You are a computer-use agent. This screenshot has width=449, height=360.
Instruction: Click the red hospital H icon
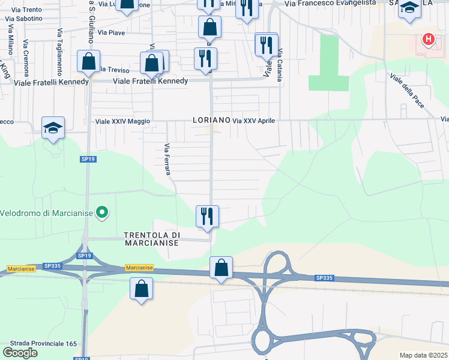click(x=428, y=40)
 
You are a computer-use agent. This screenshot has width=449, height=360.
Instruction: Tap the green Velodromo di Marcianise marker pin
click(x=102, y=211)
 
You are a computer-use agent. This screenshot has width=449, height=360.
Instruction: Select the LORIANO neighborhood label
click(x=212, y=120)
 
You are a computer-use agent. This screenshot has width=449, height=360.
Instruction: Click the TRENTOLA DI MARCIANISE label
click(x=151, y=239)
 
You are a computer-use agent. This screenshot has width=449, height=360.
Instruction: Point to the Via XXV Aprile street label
click(x=253, y=121)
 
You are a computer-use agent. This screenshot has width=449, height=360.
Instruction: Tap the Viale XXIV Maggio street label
click(x=122, y=121)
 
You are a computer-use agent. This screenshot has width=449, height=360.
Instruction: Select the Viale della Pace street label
click(x=408, y=91)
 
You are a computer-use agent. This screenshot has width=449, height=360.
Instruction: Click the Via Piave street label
click(x=112, y=32)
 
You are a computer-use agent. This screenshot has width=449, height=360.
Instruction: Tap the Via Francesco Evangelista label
click(x=330, y=3)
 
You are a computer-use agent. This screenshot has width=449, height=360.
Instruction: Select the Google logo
click(x=20, y=353)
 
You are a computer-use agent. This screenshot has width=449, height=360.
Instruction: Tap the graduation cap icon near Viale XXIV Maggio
click(x=53, y=128)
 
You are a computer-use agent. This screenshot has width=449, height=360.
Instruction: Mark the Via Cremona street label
click(x=26, y=55)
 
